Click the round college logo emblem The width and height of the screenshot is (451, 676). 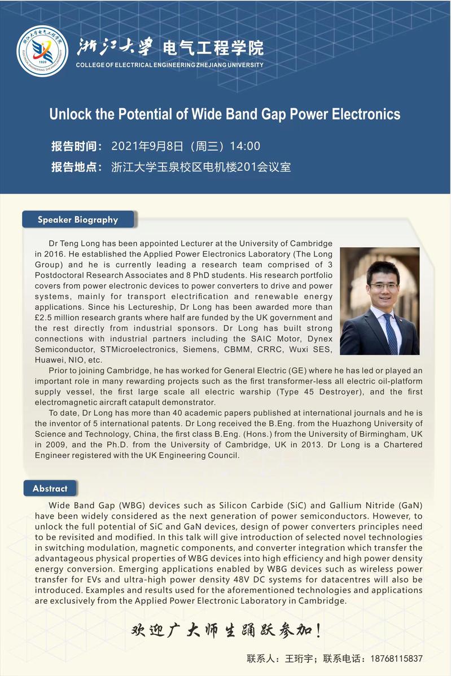pyautogui.click(x=42, y=51)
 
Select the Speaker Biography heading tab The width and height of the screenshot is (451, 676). pyautogui.click(x=78, y=220)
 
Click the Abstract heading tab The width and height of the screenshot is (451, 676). pyautogui.click(x=50, y=488)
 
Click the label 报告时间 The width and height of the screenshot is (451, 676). pyautogui.click(x=76, y=147)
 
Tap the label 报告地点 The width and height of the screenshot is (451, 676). pyautogui.click(x=76, y=167)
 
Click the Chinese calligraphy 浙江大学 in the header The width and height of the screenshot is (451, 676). pyautogui.click(x=114, y=47)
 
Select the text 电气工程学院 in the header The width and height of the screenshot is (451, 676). pyautogui.click(x=213, y=48)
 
